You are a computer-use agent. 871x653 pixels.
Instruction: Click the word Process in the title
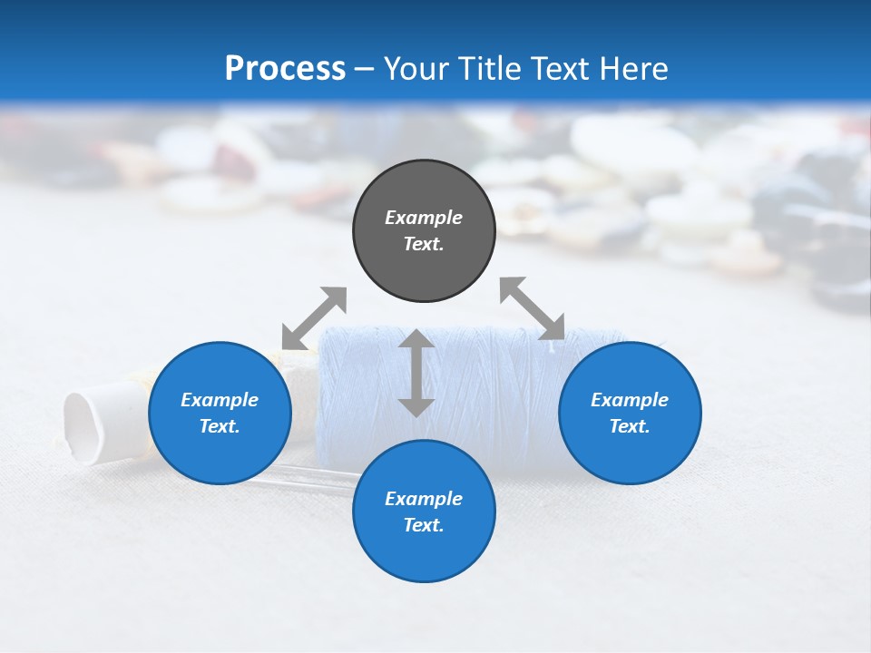click(285, 69)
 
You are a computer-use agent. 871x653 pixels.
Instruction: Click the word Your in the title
click(416, 69)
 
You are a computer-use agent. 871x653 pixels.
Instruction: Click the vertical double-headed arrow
click(416, 373)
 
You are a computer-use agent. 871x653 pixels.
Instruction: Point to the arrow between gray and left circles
click(314, 317)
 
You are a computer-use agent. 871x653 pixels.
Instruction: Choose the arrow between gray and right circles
click(532, 308)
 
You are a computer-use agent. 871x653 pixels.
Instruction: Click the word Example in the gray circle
click(424, 218)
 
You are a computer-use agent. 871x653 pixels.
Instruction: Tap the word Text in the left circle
click(220, 426)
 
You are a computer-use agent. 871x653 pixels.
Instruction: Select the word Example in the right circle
click(630, 400)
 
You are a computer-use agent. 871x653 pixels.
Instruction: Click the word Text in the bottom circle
click(424, 525)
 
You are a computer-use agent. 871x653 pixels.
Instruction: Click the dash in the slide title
click(365, 69)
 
